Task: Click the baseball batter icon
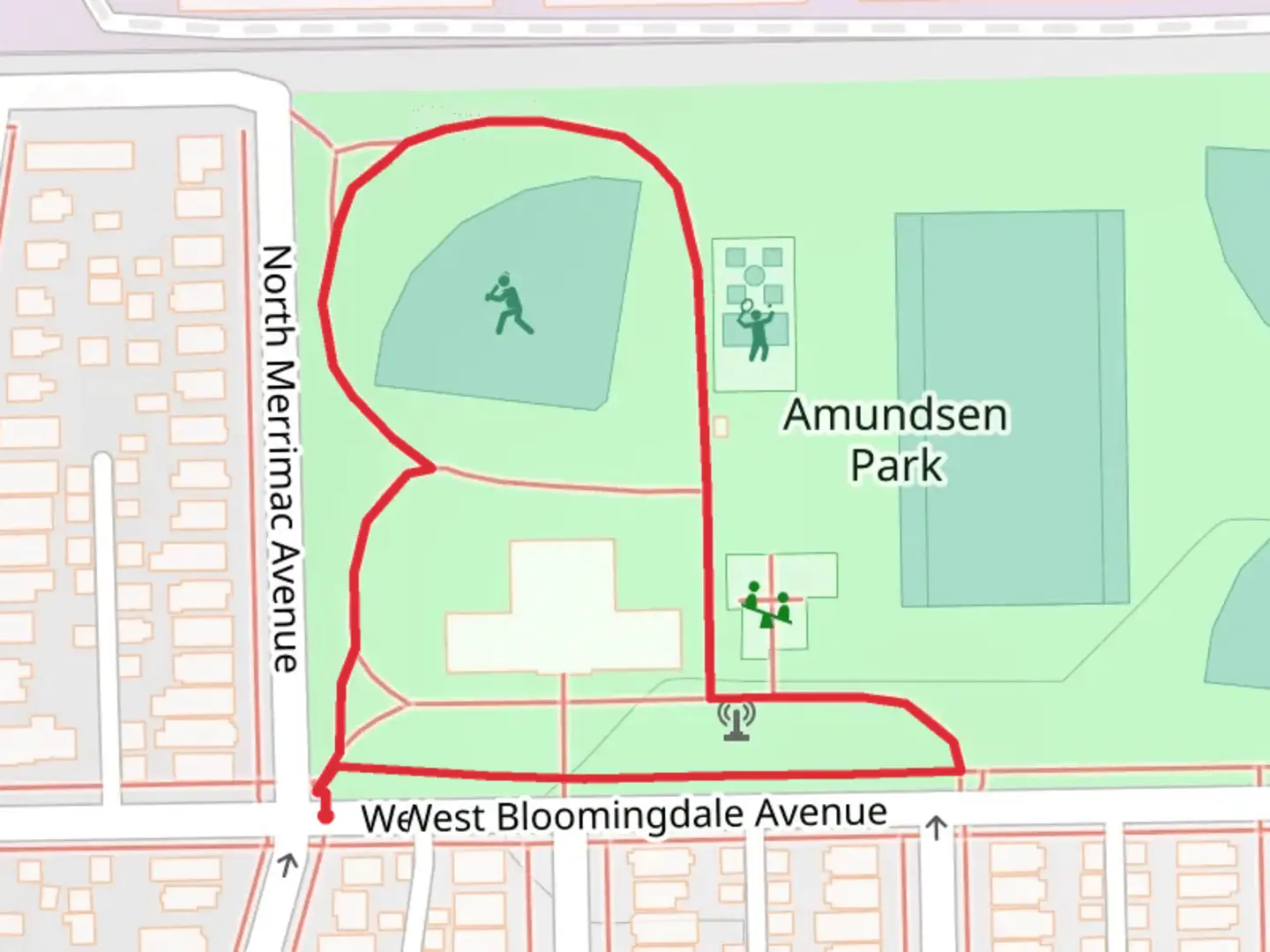point(508,305)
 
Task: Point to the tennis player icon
point(754,330)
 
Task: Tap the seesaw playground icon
point(767,605)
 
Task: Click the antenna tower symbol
point(736,720)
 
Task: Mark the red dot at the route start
point(325,817)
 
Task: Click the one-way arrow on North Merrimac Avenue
point(287,865)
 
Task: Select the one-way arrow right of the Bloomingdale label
point(936,828)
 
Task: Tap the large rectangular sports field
point(1011,407)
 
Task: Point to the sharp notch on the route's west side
point(432,467)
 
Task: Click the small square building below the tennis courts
point(721,427)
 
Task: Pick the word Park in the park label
point(896,465)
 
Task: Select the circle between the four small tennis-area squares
point(754,276)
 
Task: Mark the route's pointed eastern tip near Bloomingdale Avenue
point(960,770)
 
